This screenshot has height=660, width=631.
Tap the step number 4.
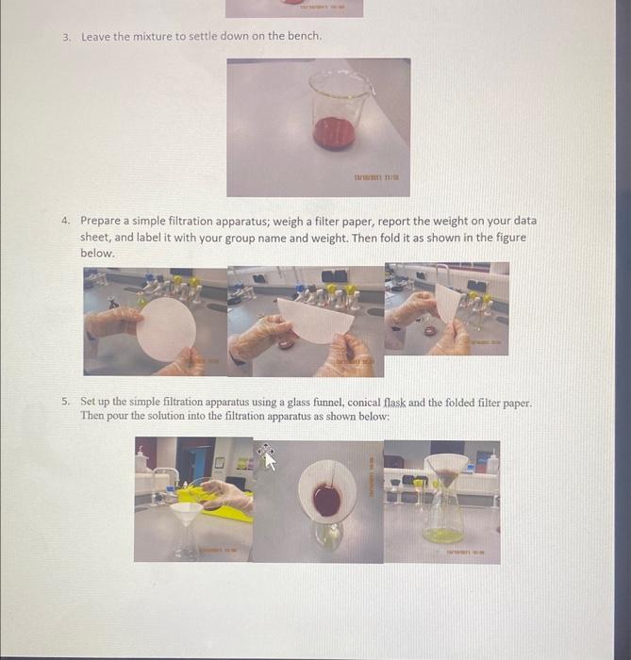pyautogui.click(x=66, y=221)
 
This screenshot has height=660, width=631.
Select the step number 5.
pyautogui.click(x=66, y=402)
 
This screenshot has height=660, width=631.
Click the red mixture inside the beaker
pyautogui.click(x=333, y=132)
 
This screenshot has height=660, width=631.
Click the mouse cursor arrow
pyautogui.click(x=270, y=458)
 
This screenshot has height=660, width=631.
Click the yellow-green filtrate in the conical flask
pyautogui.click(x=441, y=535)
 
